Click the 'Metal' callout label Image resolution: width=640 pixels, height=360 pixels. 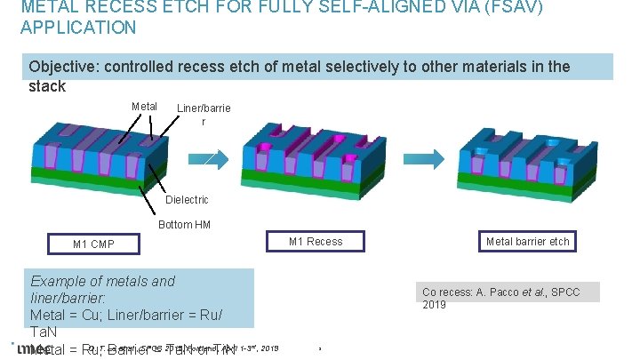[x=144, y=108]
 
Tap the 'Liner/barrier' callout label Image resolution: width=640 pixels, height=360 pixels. [x=204, y=114]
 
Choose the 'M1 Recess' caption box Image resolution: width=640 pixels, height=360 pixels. [x=316, y=241]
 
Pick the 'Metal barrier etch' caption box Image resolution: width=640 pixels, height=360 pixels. [x=528, y=241]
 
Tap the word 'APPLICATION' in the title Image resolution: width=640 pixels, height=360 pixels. [x=78, y=28]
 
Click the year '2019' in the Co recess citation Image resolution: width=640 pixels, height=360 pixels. [x=435, y=305]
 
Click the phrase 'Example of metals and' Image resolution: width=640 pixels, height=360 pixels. [x=103, y=282]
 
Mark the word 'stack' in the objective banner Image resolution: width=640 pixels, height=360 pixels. [x=47, y=86]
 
